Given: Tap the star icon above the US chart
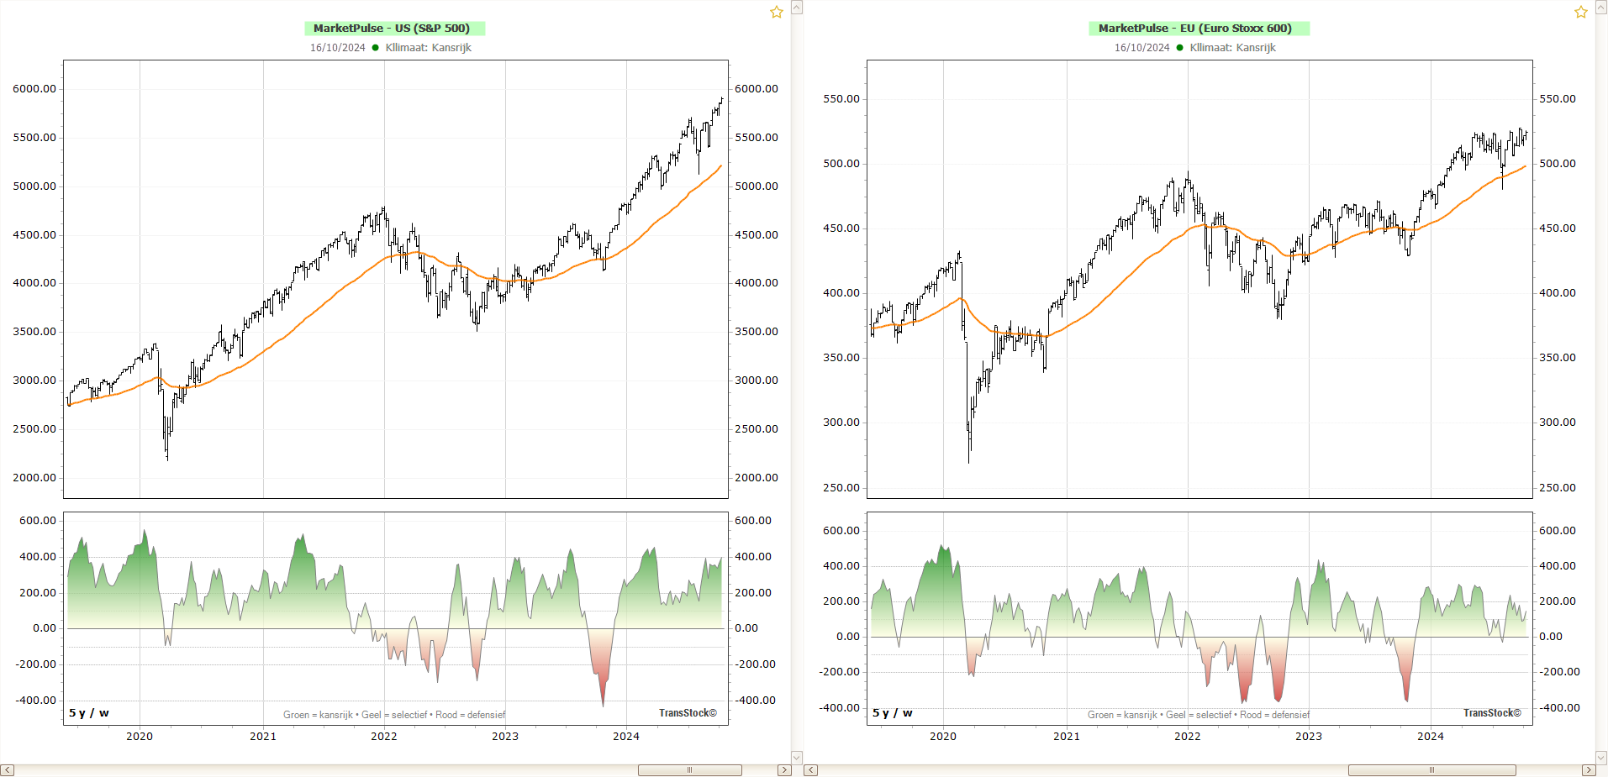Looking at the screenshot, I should pyautogui.click(x=777, y=12).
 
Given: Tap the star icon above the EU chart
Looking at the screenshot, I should pyautogui.click(x=1581, y=12).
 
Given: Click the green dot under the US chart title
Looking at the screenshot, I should pyautogui.click(x=375, y=48).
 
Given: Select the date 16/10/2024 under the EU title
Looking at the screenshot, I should pyautogui.click(x=1141, y=48).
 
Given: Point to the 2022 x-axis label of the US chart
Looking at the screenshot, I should pyautogui.click(x=384, y=737).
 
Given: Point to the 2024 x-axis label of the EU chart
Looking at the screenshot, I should pyautogui.click(x=1430, y=737).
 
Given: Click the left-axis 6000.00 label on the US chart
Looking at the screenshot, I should pyautogui.click(x=34, y=89).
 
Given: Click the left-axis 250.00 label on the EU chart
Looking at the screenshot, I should pyautogui.click(x=841, y=488).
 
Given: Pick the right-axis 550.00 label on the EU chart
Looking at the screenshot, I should pyautogui.click(x=1558, y=99).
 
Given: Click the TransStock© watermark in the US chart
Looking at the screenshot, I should pyautogui.click(x=688, y=713).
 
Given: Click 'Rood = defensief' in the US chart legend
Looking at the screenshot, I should pyautogui.click(x=471, y=716).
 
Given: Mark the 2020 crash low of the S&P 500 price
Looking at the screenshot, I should pyautogui.click(x=167, y=459).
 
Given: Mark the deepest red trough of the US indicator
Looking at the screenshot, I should pyautogui.click(x=603, y=704).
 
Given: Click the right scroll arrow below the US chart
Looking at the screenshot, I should pyautogui.click(x=784, y=770).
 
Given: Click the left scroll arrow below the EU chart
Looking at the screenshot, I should pyautogui.click(x=811, y=770).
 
